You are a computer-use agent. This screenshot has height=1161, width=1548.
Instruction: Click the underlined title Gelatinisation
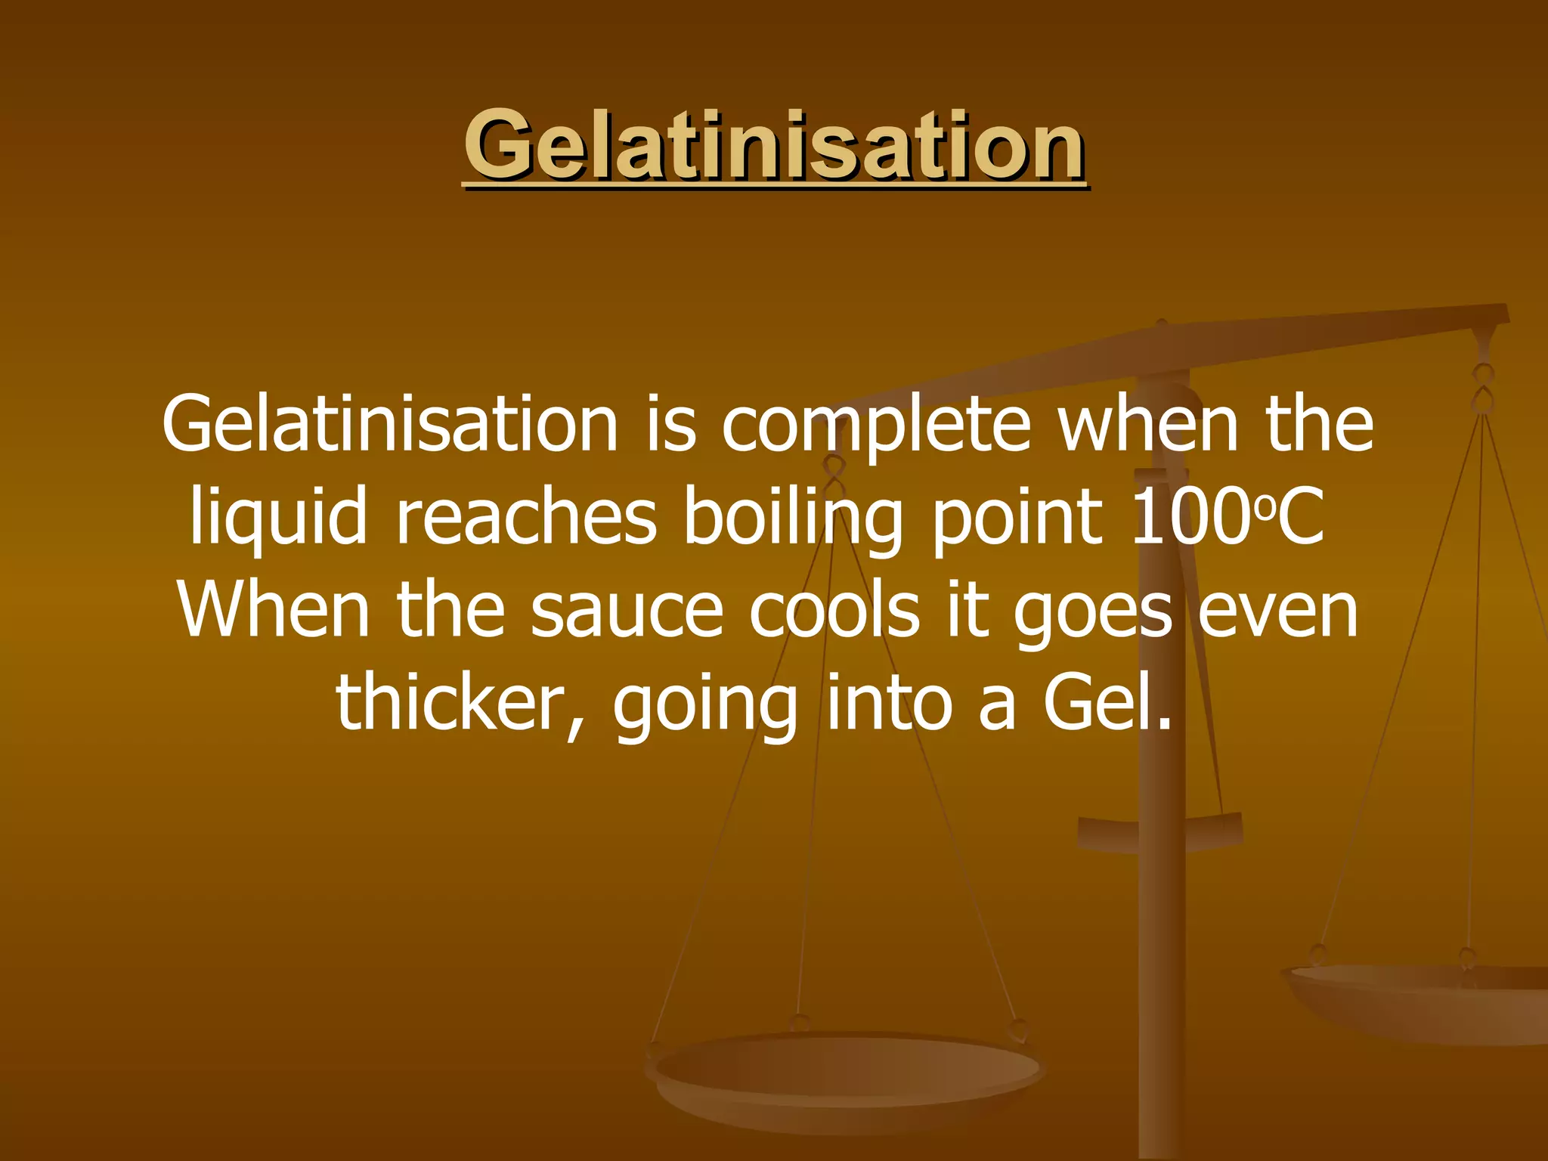pos(774,145)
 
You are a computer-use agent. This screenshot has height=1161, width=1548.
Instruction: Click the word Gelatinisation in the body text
pos(390,425)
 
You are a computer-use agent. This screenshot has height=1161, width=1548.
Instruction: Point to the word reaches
pos(526,519)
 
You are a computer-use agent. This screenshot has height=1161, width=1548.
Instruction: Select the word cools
pos(834,611)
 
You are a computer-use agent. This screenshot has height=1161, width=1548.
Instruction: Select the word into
pos(888,703)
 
